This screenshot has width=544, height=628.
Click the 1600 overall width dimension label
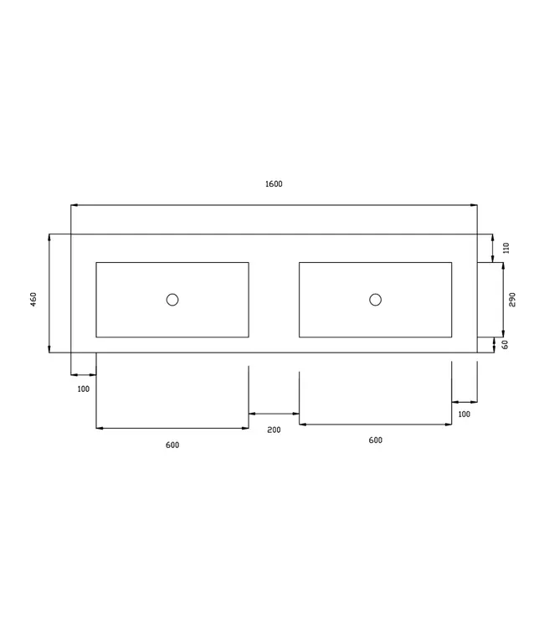[274, 184]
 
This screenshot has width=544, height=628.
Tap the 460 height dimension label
[33, 298]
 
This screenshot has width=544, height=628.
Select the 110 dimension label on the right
[506, 248]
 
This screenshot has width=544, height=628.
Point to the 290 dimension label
[513, 299]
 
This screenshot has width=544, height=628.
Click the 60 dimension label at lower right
[506, 344]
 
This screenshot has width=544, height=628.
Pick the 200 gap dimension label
[274, 430]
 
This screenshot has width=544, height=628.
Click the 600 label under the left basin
[172, 445]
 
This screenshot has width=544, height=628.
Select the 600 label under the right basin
[375, 440]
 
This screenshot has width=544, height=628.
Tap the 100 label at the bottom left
[83, 389]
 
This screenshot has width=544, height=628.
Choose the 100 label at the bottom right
[464, 414]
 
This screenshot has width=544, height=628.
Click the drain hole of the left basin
[172, 300]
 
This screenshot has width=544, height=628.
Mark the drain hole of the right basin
[375, 300]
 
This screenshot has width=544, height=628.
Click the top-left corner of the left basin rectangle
[96, 263]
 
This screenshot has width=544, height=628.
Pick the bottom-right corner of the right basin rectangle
[452, 337]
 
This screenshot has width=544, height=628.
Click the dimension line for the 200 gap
[274, 414]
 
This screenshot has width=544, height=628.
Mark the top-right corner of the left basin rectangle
[249, 263]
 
